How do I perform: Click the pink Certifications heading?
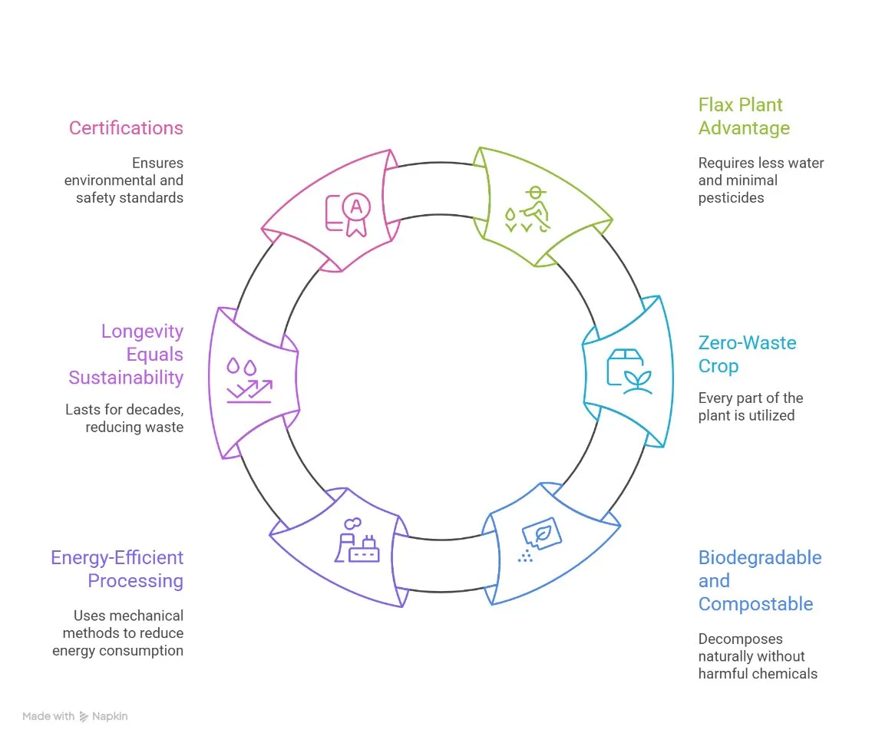(x=126, y=128)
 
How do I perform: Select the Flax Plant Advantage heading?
(x=744, y=117)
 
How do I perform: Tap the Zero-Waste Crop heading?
(x=747, y=355)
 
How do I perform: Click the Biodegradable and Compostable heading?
(x=760, y=580)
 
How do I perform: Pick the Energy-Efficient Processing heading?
(x=117, y=569)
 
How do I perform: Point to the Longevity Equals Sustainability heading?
(x=126, y=355)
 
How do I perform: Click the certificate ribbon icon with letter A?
(x=349, y=214)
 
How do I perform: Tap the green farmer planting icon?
(x=527, y=210)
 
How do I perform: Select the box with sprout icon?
(x=629, y=371)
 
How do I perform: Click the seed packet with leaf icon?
(x=540, y=540)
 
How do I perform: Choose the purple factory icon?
(x=357, y=540)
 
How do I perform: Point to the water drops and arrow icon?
(x=249, y=380)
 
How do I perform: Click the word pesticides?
(x=731, y=198)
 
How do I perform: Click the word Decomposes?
(x=740, y=639)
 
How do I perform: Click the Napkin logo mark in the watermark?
(x=84, y=717)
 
